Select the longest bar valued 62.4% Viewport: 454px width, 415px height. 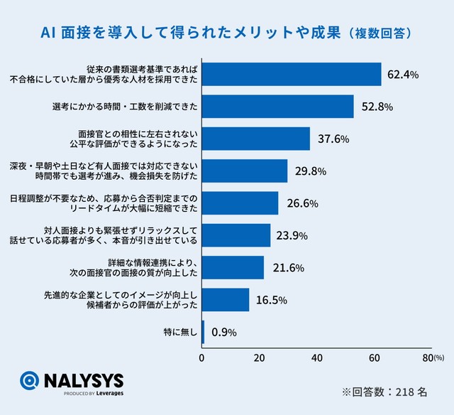pos(292,74)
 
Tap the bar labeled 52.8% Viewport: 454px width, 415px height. pos(277,107)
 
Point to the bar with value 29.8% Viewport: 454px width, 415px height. pos(245,171)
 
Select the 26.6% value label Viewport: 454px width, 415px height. pos(304,203)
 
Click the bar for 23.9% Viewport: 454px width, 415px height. pos(236,235)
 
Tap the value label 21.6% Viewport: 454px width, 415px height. pos(288,268)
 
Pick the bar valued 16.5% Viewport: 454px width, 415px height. pos(226,300)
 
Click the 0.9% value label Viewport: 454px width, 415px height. pos(224,332)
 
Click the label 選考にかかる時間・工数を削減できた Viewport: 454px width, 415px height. pos(125,107)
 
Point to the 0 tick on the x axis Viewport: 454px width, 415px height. pos(202,357)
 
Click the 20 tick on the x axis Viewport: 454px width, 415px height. pos(260,357)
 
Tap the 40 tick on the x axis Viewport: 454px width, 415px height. pos(317,357)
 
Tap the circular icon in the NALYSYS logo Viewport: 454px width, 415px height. pos(30,382)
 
